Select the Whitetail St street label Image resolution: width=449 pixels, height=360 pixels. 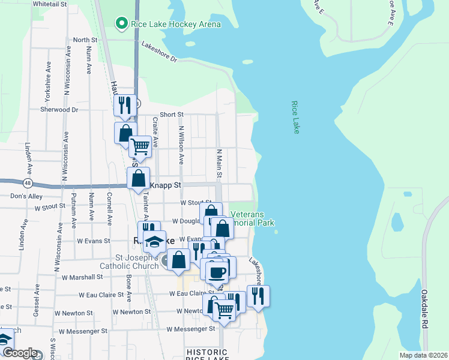pos(50,4)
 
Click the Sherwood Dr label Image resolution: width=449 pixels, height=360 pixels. pos(59,110)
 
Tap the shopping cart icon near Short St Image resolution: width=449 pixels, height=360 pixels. pos(140,146)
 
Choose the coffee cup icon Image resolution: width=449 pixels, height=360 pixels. pos(216,272)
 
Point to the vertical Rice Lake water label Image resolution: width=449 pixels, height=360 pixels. pos(295,117)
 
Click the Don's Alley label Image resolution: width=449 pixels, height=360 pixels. pos(26,196)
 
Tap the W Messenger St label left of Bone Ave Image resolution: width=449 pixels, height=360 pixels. pos(83,331)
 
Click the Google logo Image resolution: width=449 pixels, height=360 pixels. pos(19,353)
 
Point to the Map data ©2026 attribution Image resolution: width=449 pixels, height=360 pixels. pos(423,355)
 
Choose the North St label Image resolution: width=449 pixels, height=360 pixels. pos(85,40)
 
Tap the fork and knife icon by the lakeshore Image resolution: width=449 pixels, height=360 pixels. pos(258,296)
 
